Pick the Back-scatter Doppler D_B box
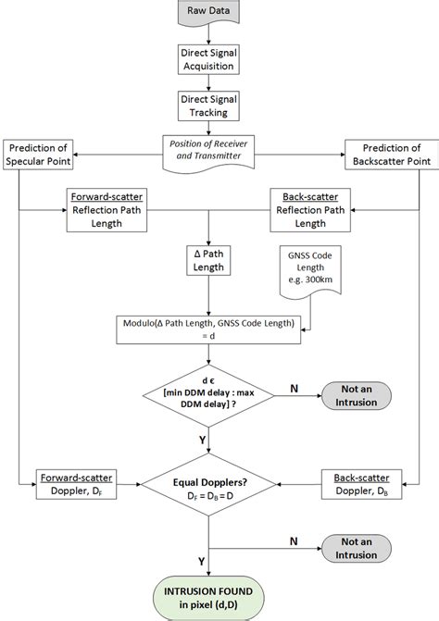357,482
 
